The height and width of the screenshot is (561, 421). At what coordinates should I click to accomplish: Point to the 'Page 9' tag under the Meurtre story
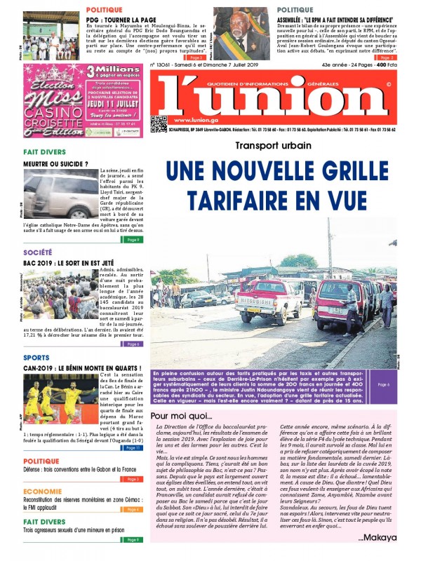coord(132,239)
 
